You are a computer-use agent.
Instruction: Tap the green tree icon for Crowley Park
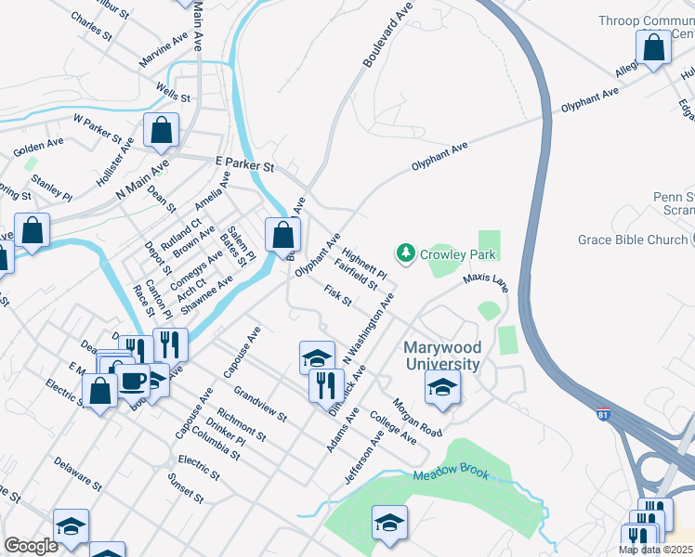(405, 253)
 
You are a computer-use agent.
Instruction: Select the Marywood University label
(442, 355)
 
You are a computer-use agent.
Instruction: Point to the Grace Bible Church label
(632, 240)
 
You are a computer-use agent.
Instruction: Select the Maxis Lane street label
(485, 278)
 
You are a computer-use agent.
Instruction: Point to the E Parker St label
(244, 164)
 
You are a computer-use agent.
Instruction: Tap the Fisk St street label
(337, 295)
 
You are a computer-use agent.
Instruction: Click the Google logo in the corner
(31, 546)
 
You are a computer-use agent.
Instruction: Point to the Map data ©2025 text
(656, 550)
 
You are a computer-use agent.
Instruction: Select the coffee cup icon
(132, 381)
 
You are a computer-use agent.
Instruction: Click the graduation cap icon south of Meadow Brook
(389, 523)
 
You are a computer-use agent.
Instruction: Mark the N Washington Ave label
(369, 329)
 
